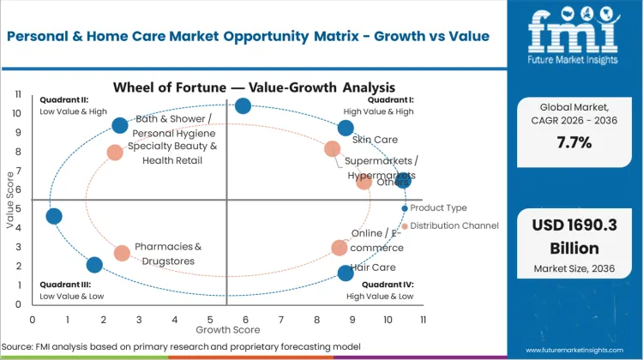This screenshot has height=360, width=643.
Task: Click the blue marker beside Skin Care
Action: tap(346, 129)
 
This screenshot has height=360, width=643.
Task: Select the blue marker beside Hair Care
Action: tap(346, 273)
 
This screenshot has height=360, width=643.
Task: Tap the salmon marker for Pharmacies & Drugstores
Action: tap(122, 253)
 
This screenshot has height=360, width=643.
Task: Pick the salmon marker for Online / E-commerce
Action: tap(340, 248)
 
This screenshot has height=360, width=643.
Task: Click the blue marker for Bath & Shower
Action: tap(120, 126)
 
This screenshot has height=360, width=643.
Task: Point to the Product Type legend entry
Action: tap(437, 208)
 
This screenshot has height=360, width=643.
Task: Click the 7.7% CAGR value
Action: tap(573, 142)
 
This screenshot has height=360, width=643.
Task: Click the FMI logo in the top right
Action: tap(574, 39)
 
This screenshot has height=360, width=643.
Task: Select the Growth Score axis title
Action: tap(227, 328)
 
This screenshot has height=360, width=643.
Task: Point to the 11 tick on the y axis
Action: tap(18, 94)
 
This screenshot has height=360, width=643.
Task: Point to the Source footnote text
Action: tap(180, 345)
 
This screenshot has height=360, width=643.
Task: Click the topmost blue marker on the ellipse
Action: tap(243, 105)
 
